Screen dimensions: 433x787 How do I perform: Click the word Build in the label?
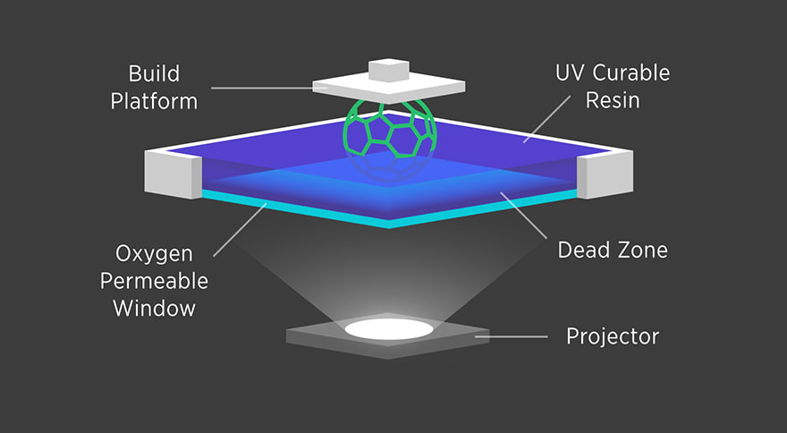154,73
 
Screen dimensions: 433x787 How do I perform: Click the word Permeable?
154,281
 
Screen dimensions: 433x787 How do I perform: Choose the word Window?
154,308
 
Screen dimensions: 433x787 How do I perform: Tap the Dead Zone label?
613,250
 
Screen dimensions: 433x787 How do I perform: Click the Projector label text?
613,336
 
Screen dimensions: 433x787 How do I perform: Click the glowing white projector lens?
390,327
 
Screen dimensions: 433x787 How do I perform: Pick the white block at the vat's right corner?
606,174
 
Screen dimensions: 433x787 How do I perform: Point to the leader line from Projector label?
517,336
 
